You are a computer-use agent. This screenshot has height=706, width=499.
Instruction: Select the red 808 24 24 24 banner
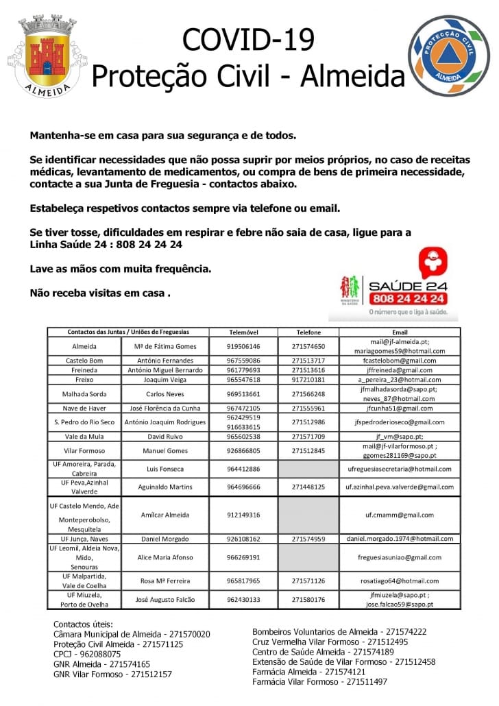(409, 299)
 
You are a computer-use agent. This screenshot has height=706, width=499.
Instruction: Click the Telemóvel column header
(243, 332)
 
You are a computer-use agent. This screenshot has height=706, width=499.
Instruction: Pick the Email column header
(400, 332)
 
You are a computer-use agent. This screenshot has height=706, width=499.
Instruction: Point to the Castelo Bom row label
(84, 361)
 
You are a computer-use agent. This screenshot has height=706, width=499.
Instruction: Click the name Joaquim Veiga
(165, 379)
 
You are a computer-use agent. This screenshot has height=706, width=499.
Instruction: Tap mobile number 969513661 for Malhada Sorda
(243, 394)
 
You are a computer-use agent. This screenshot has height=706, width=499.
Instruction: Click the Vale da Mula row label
(84, 436)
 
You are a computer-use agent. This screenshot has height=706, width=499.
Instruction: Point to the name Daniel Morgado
(165, 539)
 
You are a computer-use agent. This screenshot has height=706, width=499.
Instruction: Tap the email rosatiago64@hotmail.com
(400, 581)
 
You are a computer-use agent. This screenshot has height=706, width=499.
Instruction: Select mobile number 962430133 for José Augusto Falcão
(243, 600)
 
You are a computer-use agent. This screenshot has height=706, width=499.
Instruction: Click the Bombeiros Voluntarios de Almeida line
(339, 632)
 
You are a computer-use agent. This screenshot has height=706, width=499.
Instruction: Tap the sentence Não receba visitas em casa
(100, 293)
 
